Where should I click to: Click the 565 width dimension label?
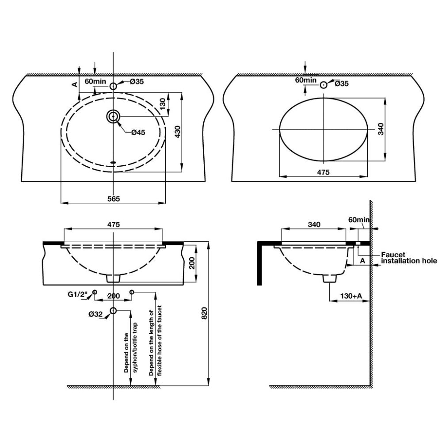coord(114,199)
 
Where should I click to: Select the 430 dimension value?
coord(178,132)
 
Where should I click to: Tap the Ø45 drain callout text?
coord(138,132)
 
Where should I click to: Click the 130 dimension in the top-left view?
coord(162,104)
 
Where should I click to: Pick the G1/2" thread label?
coord(76,294)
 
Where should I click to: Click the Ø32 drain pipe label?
coord(95,314)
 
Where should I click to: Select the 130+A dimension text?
coord(351,296)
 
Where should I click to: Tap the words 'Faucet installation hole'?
coord(409,258)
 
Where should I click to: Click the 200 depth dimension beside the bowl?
coord(192,263)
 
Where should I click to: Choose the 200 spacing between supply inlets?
coord(114,296)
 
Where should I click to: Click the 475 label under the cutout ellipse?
coord(323,172)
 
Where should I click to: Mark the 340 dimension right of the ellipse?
coord(381,129)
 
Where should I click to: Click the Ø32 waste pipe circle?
coord(113,311)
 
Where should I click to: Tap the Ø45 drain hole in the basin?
coord(113,116)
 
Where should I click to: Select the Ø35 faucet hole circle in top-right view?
coord(324,84)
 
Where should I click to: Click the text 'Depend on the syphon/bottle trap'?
coord(131,352)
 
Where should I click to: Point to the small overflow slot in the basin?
coord(113,162)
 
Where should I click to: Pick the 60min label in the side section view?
coord(359,220)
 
